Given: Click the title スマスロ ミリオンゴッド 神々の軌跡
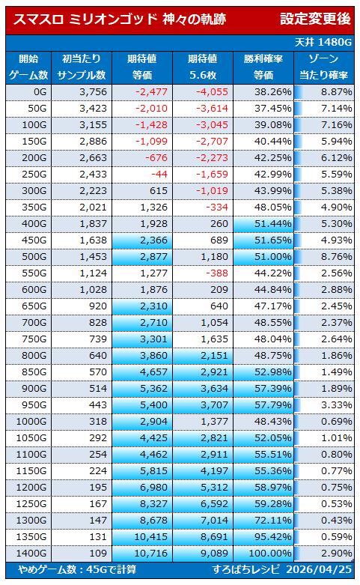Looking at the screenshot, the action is (119, 19).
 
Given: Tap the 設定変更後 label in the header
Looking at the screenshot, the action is (315, 19).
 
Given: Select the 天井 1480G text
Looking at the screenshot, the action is (323, 42).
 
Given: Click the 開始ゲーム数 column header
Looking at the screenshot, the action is (28, 67).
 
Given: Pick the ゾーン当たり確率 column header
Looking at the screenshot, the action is (323, 67).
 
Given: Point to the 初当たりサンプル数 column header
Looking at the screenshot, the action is (82, 67).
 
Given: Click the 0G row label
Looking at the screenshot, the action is (40, 92).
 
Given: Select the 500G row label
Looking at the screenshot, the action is (34, 257).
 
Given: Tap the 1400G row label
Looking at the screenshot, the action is (31, 554).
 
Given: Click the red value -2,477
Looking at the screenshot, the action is (151, 92).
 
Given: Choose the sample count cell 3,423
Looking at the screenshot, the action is (93, 108).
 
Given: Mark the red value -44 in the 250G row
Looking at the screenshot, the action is (159, 175).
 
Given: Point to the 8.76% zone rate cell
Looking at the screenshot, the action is (337, 257).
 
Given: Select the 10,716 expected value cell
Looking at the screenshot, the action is (151, 554).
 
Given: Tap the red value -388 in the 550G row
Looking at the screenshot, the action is (217, 273).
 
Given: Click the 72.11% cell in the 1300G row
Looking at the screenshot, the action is (273, 521).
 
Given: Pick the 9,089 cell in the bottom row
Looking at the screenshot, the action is (214, 554).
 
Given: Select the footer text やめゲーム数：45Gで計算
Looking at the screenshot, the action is (77, 570).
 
